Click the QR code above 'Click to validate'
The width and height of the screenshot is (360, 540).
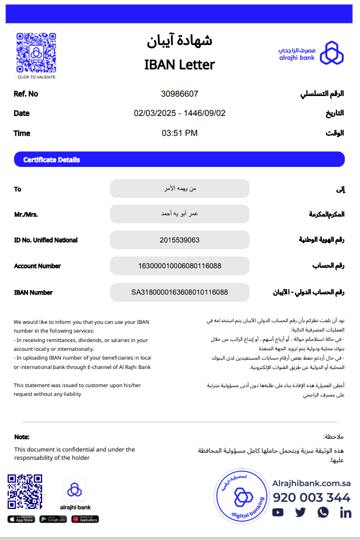tap(36, 52)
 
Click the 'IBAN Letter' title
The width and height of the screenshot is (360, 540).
tap(180, 64)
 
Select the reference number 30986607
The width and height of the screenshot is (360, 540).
tap(180, 94)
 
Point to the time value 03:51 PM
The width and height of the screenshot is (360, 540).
tap(180, 133)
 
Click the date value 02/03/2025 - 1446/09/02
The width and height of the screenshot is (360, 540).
tap(180, 113)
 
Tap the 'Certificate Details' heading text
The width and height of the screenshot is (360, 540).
tap(52, 160)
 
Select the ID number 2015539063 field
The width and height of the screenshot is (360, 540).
tap(180, 240)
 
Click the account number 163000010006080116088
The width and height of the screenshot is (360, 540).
tap(180, 266)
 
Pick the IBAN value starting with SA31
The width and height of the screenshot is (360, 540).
tap(180, 292)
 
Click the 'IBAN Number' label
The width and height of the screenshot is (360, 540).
tap(33, 292)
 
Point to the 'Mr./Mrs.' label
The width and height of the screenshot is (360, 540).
tap(26, 214)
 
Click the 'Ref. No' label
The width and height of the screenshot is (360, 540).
tap(26, 94)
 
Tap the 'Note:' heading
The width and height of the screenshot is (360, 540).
tap(22, 437)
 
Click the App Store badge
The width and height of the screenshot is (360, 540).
tap(21, 519)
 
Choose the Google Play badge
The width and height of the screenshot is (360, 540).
tap(53, 519)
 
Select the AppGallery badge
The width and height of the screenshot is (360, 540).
tap(85, 519)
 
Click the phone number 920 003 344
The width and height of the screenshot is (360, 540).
tap(311, 498)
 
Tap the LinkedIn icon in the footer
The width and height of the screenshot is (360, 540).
tap(345, 512)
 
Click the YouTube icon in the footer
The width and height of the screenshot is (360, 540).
tap(278, 512)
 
